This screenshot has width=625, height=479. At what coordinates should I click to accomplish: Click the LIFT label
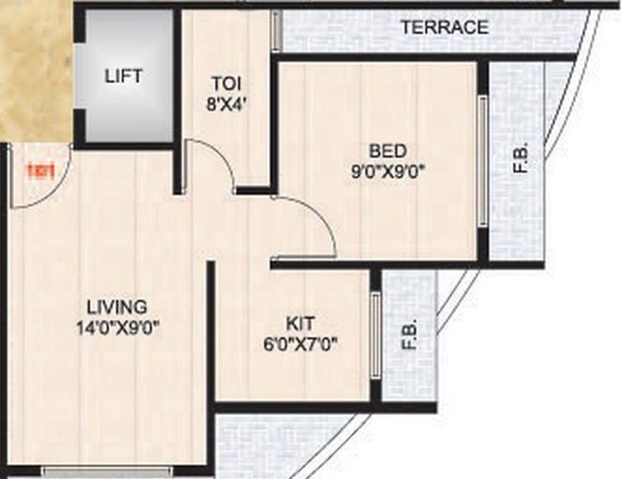[124, 76]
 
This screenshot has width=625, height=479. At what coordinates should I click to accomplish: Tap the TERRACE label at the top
[444, 27]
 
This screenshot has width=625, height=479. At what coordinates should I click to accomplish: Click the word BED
[387, 151]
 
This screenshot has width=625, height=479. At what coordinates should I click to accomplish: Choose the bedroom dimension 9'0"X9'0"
[387, 171]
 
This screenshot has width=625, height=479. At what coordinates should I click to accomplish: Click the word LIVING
[116, 307]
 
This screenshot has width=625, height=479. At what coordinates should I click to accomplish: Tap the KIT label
[300, 322]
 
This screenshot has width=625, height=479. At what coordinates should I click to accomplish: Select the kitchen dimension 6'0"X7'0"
[300, 343]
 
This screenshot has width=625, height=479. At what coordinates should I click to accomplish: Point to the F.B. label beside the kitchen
[409, 335]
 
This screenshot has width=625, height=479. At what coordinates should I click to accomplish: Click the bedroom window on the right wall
[483, 160]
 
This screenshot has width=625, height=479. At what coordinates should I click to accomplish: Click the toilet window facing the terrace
[275, 31]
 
